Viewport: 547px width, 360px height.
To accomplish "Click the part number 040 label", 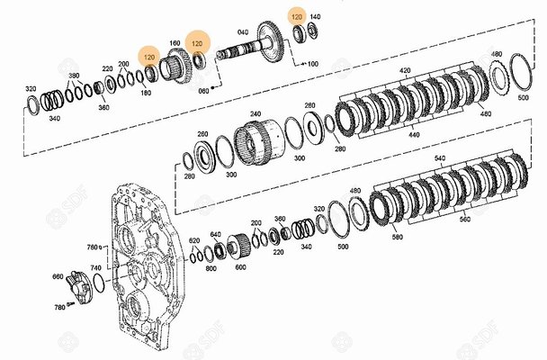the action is pos(243,32).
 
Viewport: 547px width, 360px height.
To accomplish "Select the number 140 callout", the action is pos(315,17).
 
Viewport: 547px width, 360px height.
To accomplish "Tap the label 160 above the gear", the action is pos(175,43).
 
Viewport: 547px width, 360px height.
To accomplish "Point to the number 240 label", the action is pos(256,113).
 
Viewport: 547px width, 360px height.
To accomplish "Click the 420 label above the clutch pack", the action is pos(405,70).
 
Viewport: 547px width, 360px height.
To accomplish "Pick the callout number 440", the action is pos(414,135).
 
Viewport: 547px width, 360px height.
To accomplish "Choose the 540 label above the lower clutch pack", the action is pos(440,158).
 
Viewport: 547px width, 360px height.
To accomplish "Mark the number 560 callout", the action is pos(465,219).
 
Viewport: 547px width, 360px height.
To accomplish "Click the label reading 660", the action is pos(58,276).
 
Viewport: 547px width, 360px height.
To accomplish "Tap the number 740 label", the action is pos(96,268).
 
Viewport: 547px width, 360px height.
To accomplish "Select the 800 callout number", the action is pos(211,268).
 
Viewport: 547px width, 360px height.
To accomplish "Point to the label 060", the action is pos(203,91).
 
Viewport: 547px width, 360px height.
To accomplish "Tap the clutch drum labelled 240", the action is pos(258,142).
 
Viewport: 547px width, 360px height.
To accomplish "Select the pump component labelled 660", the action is pos(78,287).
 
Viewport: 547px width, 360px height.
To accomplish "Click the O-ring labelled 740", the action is pos(99,283).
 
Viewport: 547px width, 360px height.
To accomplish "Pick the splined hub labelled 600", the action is pos(238,247).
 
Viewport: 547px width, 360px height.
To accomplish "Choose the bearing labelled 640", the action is pos(220,249).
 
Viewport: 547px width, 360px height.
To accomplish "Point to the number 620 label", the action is pos(194,240).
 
